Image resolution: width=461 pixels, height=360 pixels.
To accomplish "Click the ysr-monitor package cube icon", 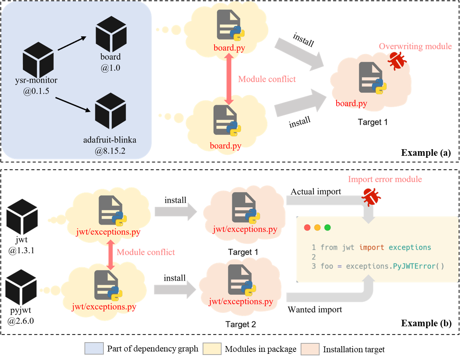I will pos(38,60).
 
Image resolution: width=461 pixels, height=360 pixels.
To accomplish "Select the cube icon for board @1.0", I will pos(111,34).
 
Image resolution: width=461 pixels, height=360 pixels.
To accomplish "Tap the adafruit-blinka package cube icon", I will pos(110,111).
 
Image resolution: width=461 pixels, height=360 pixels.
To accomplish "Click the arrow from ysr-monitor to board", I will pos(72,43).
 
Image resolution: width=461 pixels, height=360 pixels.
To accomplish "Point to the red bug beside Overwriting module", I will pos(397,61).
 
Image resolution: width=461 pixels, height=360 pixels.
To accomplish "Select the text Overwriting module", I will pos(415,47).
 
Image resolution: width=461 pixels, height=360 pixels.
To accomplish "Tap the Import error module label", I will pos(384,179).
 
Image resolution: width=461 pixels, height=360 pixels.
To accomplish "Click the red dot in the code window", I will pos(307,227).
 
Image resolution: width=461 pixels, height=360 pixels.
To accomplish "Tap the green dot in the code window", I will pos(327,227).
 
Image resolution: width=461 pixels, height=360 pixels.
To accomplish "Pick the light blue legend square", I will pos(94,348).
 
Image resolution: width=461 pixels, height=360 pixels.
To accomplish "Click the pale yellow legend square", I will pos(212,348).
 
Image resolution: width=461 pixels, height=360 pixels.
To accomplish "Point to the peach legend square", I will pos(310,349).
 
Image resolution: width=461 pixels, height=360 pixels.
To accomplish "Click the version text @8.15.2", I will pos(110,151).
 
